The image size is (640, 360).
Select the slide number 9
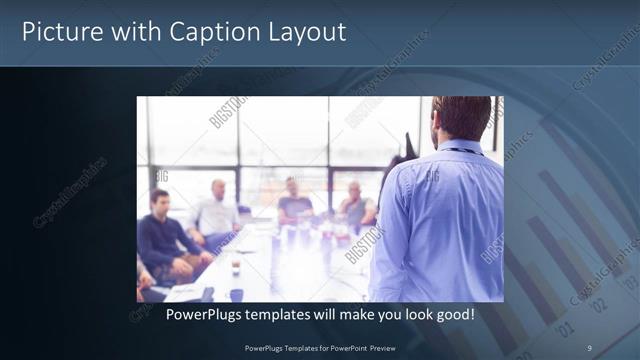coord(589,347)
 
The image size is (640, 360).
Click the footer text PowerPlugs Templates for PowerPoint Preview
coord(320,347)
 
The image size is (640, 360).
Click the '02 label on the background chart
coord(598,300)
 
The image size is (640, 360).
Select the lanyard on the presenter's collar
coord(461,151)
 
